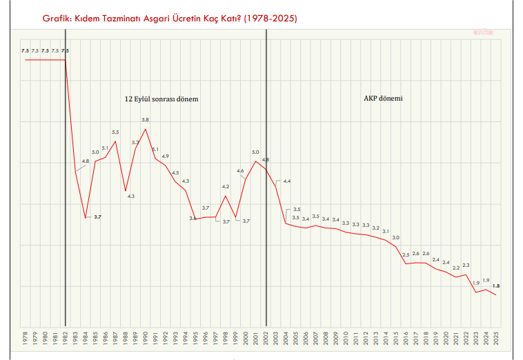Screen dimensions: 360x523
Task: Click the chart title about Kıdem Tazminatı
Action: tap(170, 19)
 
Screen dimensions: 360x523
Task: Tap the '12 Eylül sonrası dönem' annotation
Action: tap(161, 99)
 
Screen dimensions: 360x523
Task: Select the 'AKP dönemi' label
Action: tap(383, 99)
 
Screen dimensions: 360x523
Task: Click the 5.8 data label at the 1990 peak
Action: tap(145, 120)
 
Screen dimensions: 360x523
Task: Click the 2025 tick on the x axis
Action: tap(495, 338)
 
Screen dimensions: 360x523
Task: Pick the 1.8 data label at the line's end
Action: tap(495, 286)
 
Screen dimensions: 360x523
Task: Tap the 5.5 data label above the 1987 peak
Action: tap(115, 132)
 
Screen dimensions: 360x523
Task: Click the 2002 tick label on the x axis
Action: tap(266, 338)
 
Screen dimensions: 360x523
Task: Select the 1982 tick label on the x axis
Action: tap(66, 338)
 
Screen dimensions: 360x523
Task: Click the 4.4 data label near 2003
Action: tap(287, 181)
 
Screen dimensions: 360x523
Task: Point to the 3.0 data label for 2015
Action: tap(396, 237)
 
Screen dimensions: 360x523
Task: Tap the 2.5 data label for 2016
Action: tap(406, 255)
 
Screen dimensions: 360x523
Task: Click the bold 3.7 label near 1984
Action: tap(97, 217)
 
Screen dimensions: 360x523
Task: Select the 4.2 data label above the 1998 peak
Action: tap(226, 187)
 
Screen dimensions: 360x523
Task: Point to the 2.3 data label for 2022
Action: tap(466, 266)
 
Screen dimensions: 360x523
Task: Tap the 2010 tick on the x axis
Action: tap(346, 338)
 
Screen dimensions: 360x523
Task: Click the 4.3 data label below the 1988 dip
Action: tap(131, 197)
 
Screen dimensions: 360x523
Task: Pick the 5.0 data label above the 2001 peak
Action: tap(255, 152)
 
